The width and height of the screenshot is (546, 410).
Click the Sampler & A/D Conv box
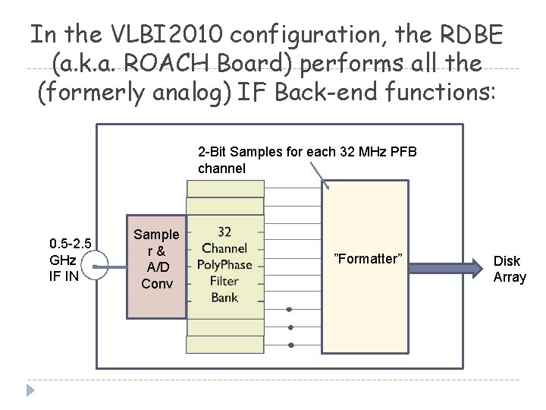[x=156, y=259]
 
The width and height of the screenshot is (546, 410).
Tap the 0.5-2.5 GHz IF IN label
[x=70, y=260]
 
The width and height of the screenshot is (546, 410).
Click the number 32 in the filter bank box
[x=224, y=232]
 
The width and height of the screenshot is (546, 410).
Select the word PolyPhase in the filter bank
[x=224, y=264]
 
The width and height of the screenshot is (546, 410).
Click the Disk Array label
[x=509, y=269]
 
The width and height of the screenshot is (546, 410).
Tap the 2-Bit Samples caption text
[x=307, y=160]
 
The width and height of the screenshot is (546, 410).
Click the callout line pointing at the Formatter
[x=318, y=177]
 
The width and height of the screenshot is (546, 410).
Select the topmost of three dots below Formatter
[x=289, y=309]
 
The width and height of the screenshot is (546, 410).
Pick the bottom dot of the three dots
[x=289, y=345]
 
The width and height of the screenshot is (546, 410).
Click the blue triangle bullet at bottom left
[x=30, y=391]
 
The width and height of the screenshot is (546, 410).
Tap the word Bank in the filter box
[x=224, y=297]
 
